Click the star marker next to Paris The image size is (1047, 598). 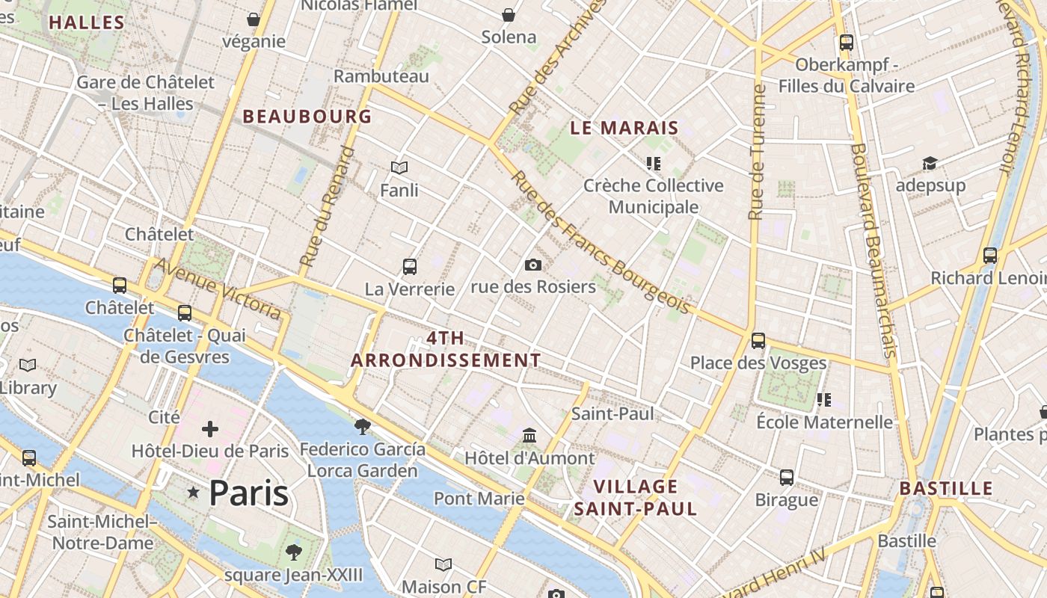[x=194, y=493]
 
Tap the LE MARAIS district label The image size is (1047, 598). [x=624, y=128]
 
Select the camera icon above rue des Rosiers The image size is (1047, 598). [x=533, y=265]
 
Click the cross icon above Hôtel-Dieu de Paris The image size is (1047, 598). [x=210, y=429]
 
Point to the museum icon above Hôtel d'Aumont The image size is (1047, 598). [x=529, y=435]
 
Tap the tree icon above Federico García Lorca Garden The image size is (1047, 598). [x=363, y=427]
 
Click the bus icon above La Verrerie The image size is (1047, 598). [x=409, y=266]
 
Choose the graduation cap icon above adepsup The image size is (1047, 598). [x=930, y=163]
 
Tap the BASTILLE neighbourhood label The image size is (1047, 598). [x=946, y=489]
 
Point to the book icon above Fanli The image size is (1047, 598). [x=399, y=167]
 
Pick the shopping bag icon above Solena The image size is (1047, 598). [x=509, y=15]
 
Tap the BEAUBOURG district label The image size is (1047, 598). [x=307, y=117]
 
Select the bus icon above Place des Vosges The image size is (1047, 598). [x=758, y=341]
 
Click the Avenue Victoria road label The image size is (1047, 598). [x=218, y=289]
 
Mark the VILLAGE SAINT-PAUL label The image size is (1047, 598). [x=636, y=498]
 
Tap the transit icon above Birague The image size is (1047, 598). [x=786, y=477]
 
